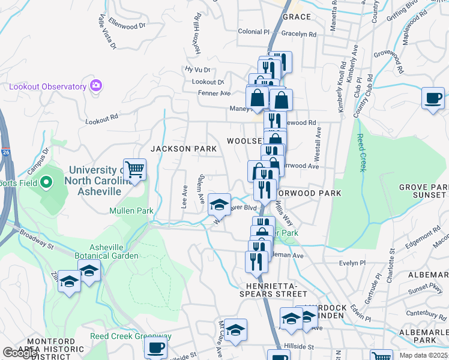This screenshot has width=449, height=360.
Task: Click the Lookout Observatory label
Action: [x=48, y=86]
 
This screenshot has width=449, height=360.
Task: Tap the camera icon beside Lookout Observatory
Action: [x=95, y=86]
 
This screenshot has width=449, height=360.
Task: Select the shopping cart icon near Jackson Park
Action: [x=134, y=170]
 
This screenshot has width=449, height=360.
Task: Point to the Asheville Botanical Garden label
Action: [x=114, y=251]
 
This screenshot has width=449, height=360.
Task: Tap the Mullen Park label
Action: [x=131, y=211]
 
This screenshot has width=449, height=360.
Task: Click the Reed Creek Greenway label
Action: [x=131, y=336]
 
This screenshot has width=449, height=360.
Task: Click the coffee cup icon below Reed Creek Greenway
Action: [x=156, y=347]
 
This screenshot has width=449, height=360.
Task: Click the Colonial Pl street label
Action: [x=254, y=31]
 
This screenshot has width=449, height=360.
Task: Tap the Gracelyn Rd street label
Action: [x=298, y=34]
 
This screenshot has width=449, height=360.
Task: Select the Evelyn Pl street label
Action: [x=352, y=263]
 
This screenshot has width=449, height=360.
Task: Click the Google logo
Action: [x=20, y=353]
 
